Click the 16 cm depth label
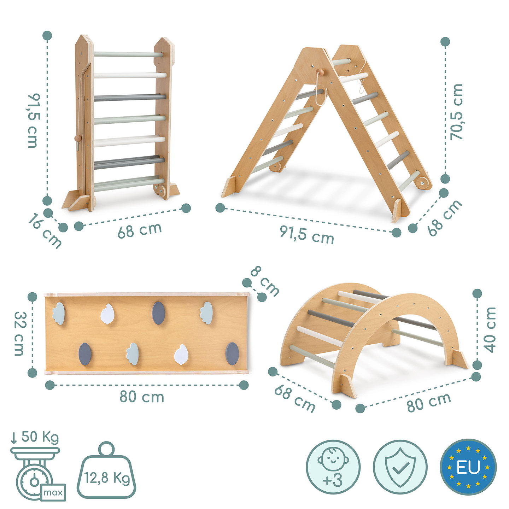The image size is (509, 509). point(45,231)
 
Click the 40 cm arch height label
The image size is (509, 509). point(490,329)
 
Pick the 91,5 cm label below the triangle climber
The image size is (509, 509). point(307,234)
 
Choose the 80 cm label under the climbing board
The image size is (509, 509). point(142,397)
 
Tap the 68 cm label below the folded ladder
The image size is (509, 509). point(140,230)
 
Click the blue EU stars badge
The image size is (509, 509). point(468,467)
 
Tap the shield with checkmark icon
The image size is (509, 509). point(400,467)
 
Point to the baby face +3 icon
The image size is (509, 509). point(333,467)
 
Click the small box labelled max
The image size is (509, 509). point(53,492)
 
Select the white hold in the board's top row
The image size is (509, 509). point(107,313)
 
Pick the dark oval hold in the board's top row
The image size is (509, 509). point(158,313)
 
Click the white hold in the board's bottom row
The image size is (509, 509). point(181,355)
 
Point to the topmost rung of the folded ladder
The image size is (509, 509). point(128,54)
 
